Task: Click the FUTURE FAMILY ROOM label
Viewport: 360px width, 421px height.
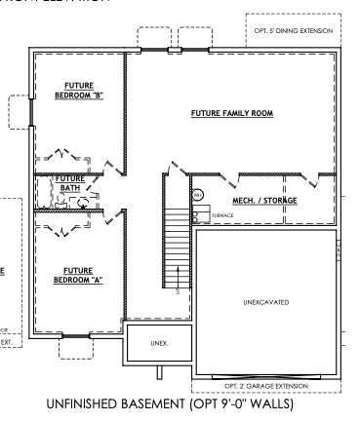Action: pyautogui.click(x=231, y=114)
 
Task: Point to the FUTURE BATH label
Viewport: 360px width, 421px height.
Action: pyautogui.click(x=70, y=183)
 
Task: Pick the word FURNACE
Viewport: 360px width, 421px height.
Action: pyautogui.click(x=222, y=214)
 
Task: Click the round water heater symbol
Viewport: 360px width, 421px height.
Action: pyautogui.click(x=196, y=194)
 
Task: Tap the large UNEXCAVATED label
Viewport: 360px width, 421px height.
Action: pyautogui.click(x=264, y=302)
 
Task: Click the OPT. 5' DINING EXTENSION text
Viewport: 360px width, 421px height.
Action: pyautogui.click(x=292, y=31)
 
